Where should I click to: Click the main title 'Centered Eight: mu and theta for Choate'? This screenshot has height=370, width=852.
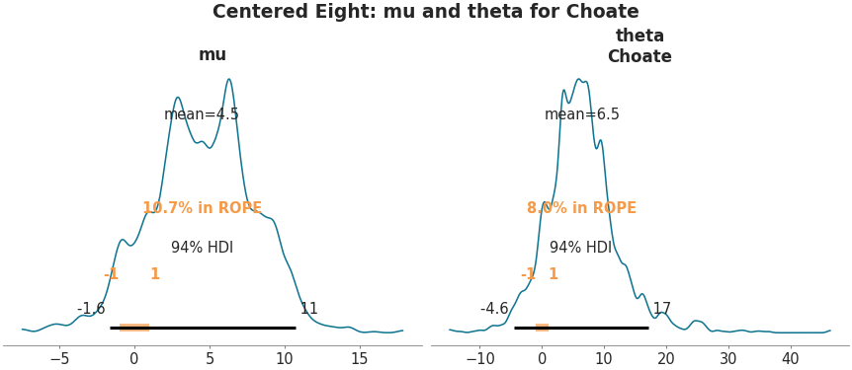click(x=425, y=12)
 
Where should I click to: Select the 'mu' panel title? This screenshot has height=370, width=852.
click(x=213, y=55)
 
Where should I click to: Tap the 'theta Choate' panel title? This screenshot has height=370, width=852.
click(x=639, y=46)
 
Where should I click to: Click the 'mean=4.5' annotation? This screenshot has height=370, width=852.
click(x=202, y=114)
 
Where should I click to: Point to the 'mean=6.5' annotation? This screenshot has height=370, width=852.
click(x=582, y=114)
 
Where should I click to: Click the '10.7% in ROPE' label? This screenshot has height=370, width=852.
click(x=202, y=208)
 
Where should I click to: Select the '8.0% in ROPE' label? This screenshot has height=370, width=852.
click(x=581, y=208)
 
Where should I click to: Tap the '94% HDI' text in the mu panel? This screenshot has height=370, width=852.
click(x=202, y=248)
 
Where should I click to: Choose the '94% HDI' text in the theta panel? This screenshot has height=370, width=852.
click(x=580, y=248)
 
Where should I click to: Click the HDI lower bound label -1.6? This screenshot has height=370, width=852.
click(x=91, y=309)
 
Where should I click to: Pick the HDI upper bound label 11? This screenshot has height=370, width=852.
click(x=308, y=309)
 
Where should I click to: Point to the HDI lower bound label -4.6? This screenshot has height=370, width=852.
click(x=494, y=309)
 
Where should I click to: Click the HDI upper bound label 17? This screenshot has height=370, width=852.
click(x=661, y=309)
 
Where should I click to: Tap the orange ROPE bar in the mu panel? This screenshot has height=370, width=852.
click(x=134, y=328)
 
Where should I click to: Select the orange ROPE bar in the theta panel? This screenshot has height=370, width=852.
click(x=542, y=328)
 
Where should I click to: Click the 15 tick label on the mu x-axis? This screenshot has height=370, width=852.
click(x=359, y=358)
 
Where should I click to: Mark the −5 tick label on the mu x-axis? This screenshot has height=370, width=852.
click(x=58, y=358)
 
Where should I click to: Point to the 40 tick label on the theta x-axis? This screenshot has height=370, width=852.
click(x=790, y=358)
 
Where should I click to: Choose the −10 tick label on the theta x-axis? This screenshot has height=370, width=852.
click(x=479, y=358)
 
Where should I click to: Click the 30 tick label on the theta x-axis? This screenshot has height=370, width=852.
click(x=727, y=358)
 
